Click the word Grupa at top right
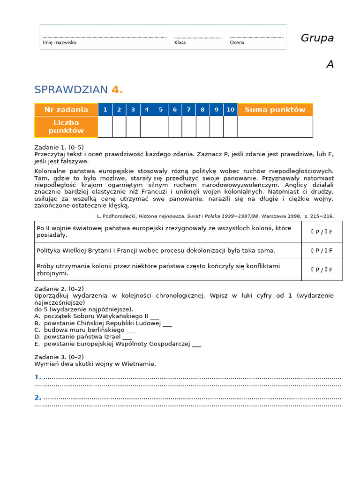point(317,38)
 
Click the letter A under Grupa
point(330,65)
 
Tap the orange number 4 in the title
point(115,90)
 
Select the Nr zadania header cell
point(66,110)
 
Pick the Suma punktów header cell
point(275,110)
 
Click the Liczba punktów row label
point(66,127)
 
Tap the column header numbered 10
point(230,110)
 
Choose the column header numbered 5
point(161,110)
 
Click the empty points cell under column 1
point(105,127)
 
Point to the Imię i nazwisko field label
point(60,42)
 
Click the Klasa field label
point(180,42)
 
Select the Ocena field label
point(237,42)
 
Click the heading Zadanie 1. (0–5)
point(59,147)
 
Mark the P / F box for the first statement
point(322,232)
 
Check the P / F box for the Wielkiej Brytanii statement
point(322,251)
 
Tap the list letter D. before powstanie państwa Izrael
point(37,337)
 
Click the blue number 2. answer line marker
point(38,397)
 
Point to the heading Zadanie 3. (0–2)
point(59,357)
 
